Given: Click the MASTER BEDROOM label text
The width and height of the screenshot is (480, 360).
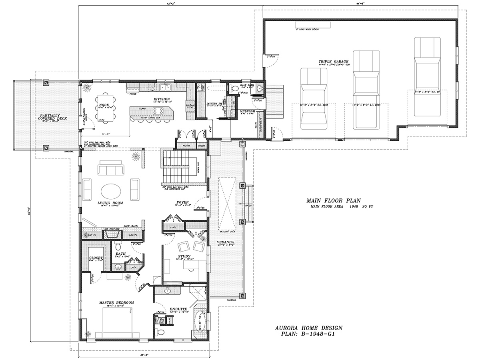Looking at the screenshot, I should (116, 302).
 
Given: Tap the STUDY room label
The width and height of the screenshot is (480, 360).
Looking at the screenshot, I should (184, 256).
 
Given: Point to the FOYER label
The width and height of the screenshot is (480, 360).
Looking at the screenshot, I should (182, 202).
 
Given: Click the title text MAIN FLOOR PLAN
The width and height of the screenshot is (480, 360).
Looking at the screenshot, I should (334, 200).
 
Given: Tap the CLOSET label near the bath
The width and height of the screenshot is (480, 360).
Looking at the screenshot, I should (96, 258).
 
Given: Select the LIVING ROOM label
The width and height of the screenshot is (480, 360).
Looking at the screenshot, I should (110, 203).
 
